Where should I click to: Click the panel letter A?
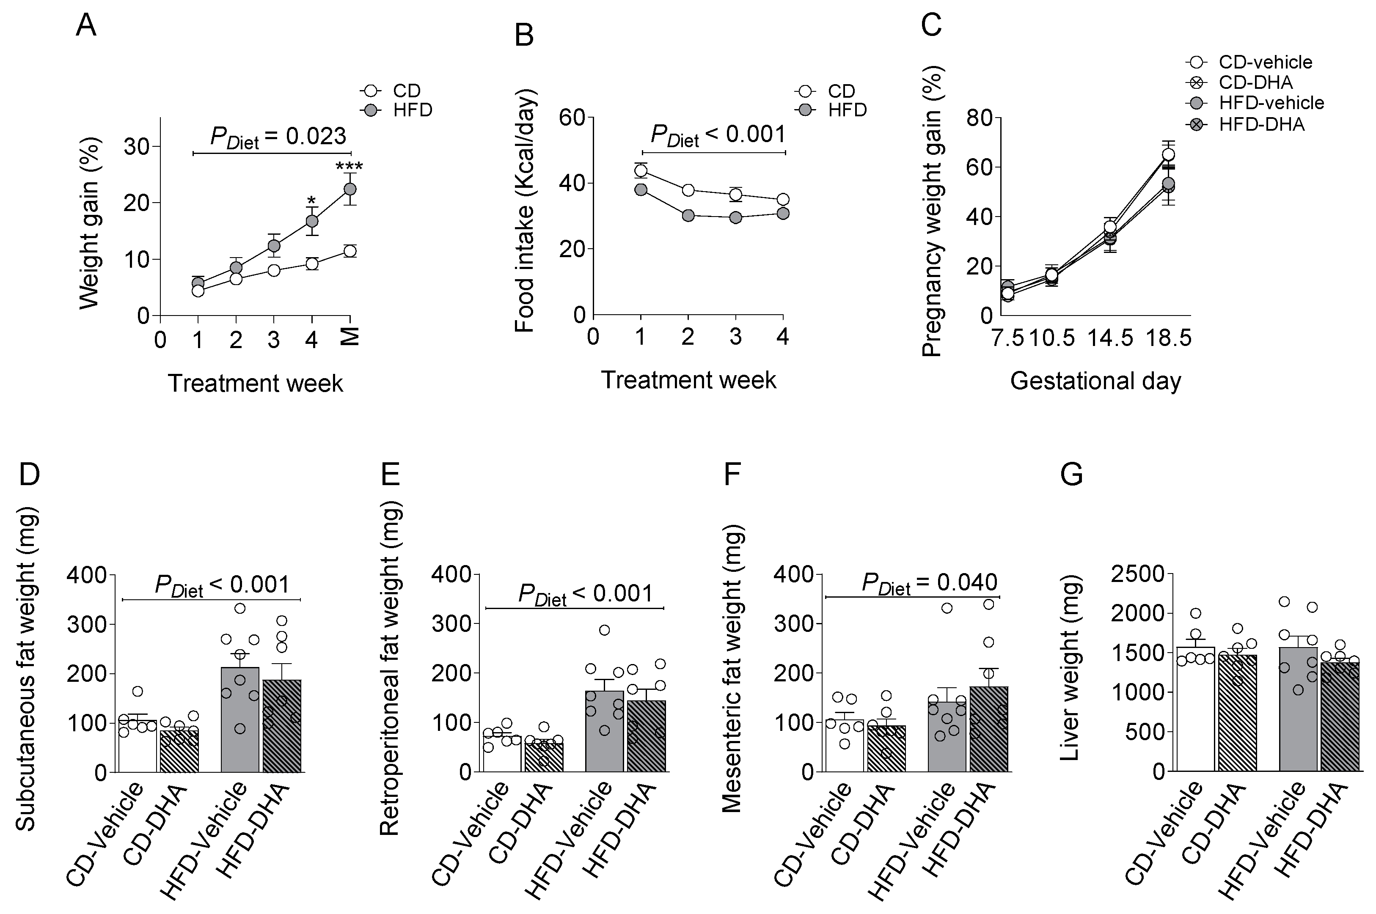click(x=86, y=26)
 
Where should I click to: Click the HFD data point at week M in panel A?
click(x=350, y=189)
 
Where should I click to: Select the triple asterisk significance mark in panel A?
click(x=349, y=167)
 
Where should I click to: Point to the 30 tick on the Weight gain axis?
click(x=136, y=146)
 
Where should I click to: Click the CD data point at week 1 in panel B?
click(x=641, y=170)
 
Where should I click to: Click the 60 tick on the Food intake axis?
click(x=571, y=117)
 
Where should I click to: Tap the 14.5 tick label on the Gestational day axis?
click(x=1111, y=338)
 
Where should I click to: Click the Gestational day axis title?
click(x=1095, y=381)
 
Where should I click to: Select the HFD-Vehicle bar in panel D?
click(x=240, y=720)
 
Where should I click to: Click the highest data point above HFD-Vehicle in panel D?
click(x=239, y=608)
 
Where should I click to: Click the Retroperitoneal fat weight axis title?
click(x=389, y=672)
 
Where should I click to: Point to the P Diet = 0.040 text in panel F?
click(x=930, y=582)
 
